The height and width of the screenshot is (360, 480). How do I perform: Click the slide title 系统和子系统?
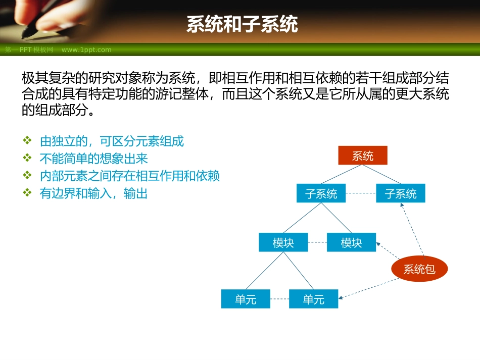click(242, 24)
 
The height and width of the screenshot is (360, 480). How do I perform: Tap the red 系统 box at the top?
click(363, 156)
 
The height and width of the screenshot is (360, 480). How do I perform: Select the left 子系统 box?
click(321, 193)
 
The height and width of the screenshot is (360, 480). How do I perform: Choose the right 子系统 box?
click(400, 193)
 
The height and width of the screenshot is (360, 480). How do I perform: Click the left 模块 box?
click(283, 242)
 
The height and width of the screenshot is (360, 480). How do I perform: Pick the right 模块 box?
click(351, 242)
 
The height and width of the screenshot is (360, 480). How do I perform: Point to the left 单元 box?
click(246, 299)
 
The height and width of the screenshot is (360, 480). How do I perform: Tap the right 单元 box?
click(313, 299)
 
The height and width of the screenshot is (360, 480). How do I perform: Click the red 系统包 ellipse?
click(419, 270)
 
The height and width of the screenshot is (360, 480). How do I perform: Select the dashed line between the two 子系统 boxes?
click(361, 193)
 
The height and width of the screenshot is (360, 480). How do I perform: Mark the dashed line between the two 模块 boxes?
click(317, 242)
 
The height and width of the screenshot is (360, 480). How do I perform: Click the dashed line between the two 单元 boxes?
click(279, 299)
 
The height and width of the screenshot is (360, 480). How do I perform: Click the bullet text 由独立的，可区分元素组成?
click(112, 141)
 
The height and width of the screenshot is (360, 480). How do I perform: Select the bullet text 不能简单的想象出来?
click(93, 159)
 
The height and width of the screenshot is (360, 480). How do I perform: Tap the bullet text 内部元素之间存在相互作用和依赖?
click(129, 176)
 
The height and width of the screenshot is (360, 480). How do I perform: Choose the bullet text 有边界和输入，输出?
click(93, 193)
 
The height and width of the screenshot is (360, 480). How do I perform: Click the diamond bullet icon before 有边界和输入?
click(27, 193)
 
